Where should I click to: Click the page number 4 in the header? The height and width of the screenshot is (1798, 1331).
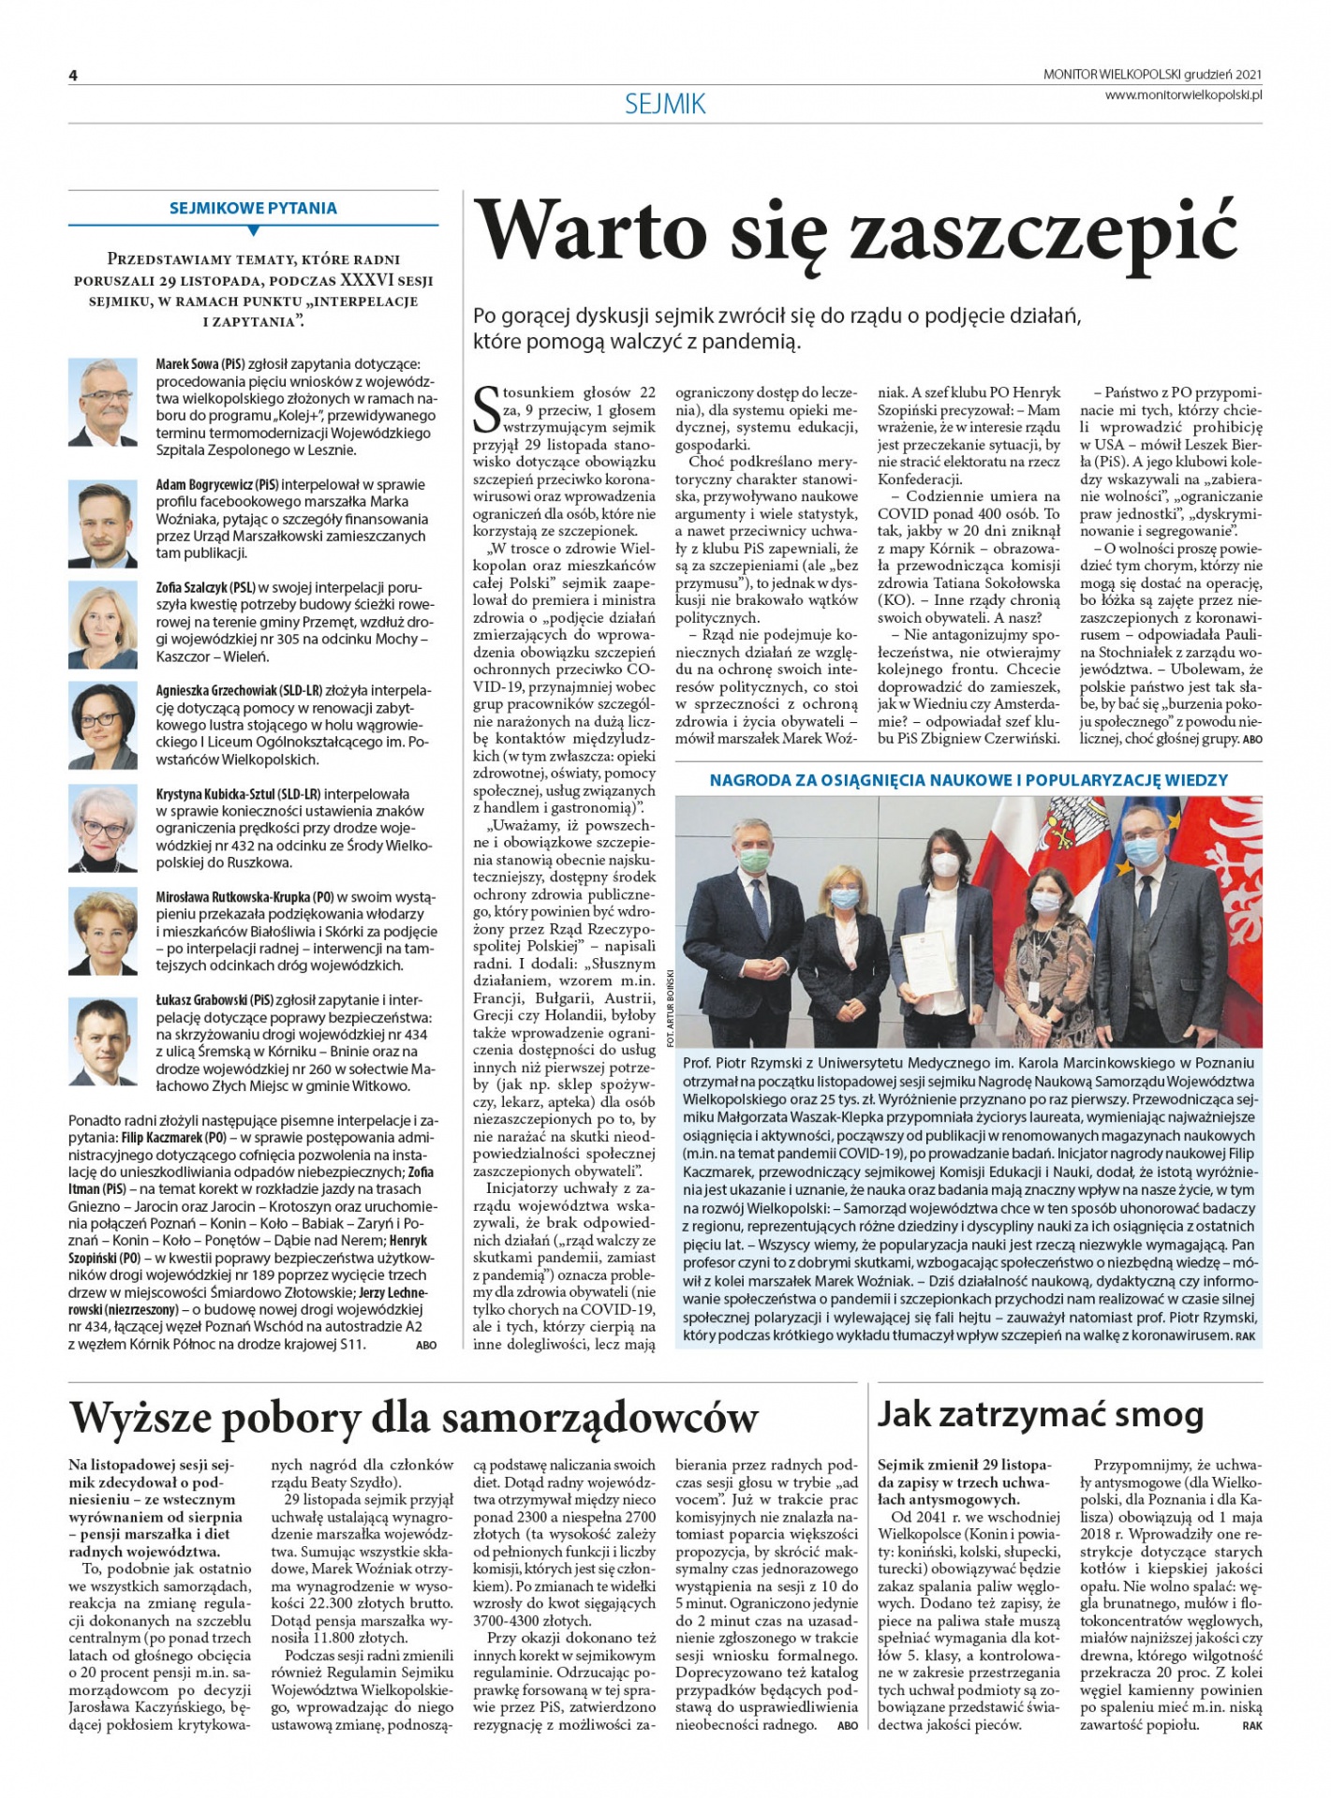(73, 76)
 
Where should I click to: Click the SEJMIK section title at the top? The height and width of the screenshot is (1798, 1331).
(665, 104)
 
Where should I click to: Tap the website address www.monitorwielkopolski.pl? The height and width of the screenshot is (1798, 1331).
(1183, 95)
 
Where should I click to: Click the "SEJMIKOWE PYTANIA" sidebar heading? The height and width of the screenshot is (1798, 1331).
(253, 208)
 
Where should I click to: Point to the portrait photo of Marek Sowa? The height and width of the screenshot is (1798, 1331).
(102, 402)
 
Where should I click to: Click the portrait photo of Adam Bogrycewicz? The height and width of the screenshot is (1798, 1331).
(102, 523)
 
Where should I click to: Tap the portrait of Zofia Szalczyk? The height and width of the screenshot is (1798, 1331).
(102, 625)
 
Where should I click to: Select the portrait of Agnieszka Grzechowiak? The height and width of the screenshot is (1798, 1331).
(102, 726)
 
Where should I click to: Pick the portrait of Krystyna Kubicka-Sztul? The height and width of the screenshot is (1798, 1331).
(102, 828)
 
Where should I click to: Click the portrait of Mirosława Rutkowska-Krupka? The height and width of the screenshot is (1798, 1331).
(102, 931)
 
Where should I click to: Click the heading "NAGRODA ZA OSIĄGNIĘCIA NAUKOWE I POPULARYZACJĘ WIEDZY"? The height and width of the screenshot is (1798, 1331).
(969, 779)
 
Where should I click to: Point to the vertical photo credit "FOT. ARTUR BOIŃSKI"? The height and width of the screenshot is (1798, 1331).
(669, 1006)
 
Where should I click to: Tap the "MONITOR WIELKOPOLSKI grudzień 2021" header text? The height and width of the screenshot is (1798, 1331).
(1152, 74)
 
